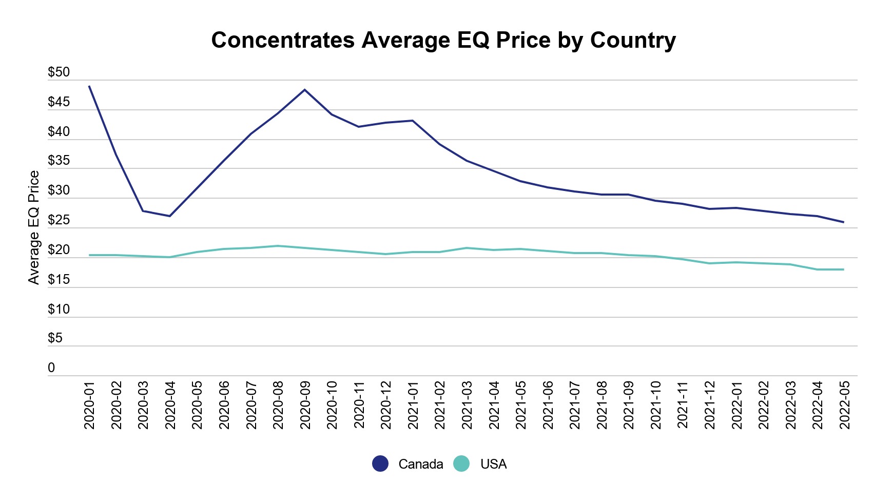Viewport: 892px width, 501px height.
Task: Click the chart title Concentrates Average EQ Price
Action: pos(443,40)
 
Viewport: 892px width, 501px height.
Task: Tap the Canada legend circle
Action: pos(380,464)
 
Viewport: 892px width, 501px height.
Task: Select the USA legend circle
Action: pos(461,464)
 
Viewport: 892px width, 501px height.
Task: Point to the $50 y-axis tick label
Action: pos(59,72)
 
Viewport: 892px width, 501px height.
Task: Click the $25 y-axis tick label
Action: pos(59,221)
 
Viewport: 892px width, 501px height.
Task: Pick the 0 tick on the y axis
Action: pos(51,368)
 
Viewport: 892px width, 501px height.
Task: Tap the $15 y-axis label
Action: pos(59,280)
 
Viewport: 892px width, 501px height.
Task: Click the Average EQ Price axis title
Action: pos(34,227)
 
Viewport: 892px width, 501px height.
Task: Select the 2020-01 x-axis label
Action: pos(90,405)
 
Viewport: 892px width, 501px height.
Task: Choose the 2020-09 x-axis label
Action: pos(305,405)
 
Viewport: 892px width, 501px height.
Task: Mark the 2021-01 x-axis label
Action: pos(413,405)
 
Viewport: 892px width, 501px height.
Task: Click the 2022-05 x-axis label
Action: pos(844,405)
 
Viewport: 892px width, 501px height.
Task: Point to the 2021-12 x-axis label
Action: pos(710,405)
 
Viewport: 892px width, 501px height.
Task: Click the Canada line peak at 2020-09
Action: pos(305,90)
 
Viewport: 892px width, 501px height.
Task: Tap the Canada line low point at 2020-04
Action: pos(170,216)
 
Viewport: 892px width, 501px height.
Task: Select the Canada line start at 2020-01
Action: pos(89,86)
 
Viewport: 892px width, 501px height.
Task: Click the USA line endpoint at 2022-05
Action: pos(843,269)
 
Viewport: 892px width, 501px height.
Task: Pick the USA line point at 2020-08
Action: pos(278,246)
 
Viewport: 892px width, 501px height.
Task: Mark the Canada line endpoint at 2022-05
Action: pos(843,222)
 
